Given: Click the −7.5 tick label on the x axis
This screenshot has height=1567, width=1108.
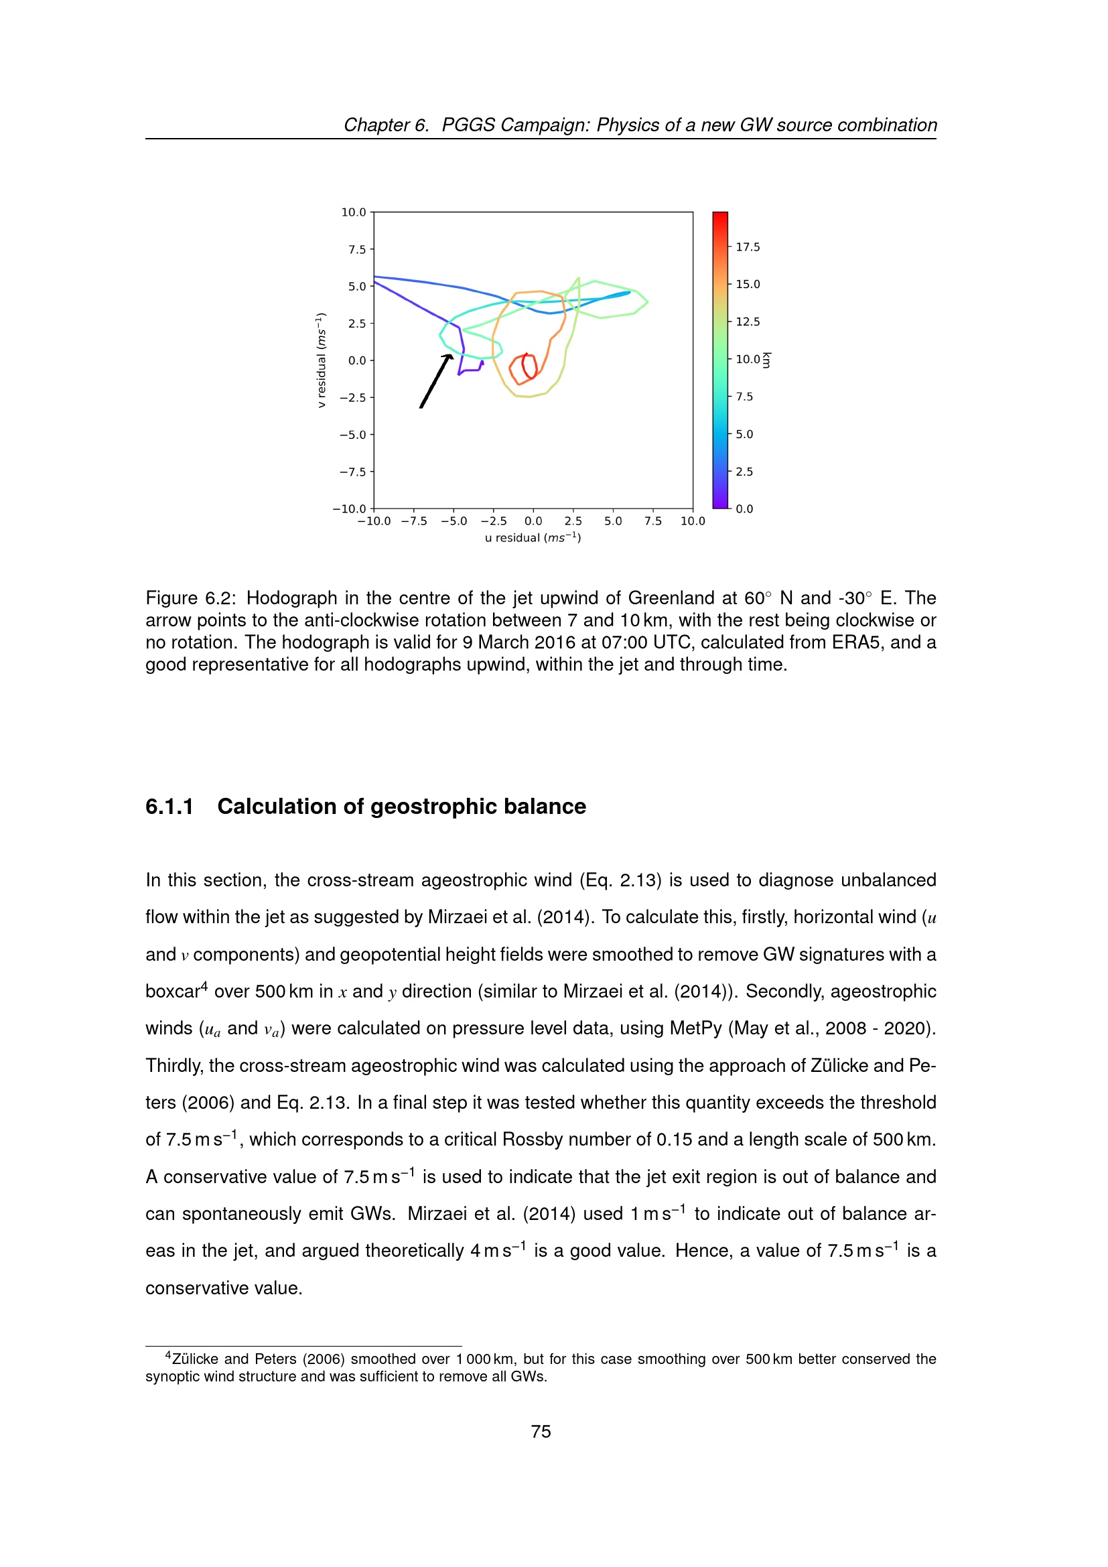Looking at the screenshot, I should click(413, 521).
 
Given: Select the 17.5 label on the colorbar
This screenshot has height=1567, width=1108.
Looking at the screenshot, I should click(747, 247).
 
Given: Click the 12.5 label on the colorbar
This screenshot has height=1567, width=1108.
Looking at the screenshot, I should click(747, 322).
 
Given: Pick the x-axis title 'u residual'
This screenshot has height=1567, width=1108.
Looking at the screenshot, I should click(532, 538).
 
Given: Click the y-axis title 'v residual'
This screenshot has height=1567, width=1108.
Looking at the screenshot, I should click(321, 360).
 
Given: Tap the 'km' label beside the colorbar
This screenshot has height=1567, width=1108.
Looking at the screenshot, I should click(767, 360).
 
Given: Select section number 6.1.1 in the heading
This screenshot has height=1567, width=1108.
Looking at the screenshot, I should click(169, 807).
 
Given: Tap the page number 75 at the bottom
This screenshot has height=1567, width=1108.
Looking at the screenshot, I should click(541, 1431).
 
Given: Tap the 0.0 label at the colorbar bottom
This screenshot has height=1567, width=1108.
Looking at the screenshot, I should click(744, 509).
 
